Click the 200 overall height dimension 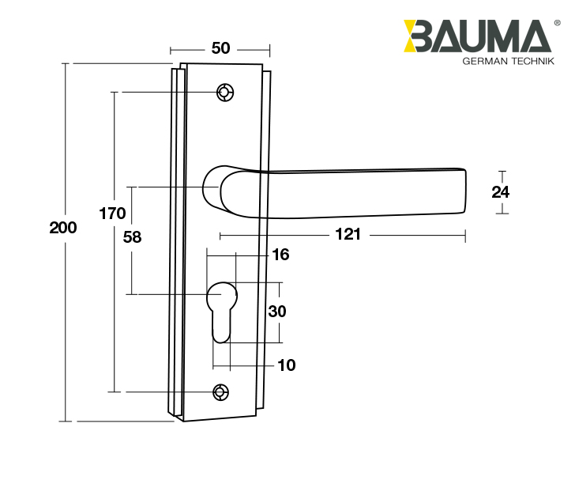[63, 228]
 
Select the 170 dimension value [113, 214]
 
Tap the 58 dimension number [132, 236]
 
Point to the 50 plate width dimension [220, 48]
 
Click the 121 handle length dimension [348, 235]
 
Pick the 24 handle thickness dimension [501, 191]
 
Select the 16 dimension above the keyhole [280, 255]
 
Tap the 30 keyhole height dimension [277, 312]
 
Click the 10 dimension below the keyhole [286, 365]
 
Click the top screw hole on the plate [225, 93]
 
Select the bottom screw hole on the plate [221, 391]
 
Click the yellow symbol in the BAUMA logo [414, 37]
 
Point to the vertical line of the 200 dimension [66, 316]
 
